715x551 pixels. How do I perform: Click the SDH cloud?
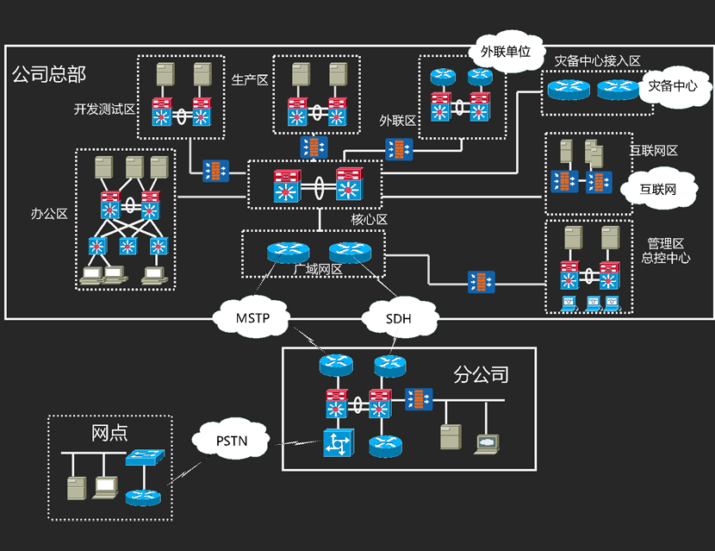pyautogui.click(x=399, y=319)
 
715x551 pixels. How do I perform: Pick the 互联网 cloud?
pyautogui.click(x=656, y=188)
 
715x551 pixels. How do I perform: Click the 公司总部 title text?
pyautogui.click(x=49, y=74)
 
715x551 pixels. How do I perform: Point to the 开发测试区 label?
pyautogui.click(x=105, y=110)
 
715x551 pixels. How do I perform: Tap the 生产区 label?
pyautogui.click(x=250, y=80)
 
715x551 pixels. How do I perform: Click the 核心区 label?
pyautogui.click(x=369, y=219)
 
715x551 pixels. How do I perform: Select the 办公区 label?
pyautogui.click(x=50, y=213)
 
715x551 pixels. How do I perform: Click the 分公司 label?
pyautogui.click(x=481, y=375)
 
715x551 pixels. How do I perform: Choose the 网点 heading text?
pyautogui.click(x=109, y=432)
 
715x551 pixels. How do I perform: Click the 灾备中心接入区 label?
pyautogui.click(x=597, y=61)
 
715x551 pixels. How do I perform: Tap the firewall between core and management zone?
pyautogui.click(x=481, y=281)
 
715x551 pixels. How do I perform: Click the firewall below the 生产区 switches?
pyautogui.click(x=314, y=147)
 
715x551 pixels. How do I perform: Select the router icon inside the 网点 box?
pyautogui.click(x=141, y=497)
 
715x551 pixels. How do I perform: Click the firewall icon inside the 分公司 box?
pyautogui.click(x=419, y=399)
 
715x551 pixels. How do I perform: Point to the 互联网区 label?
pyautogui.click(x=654, y=151)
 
